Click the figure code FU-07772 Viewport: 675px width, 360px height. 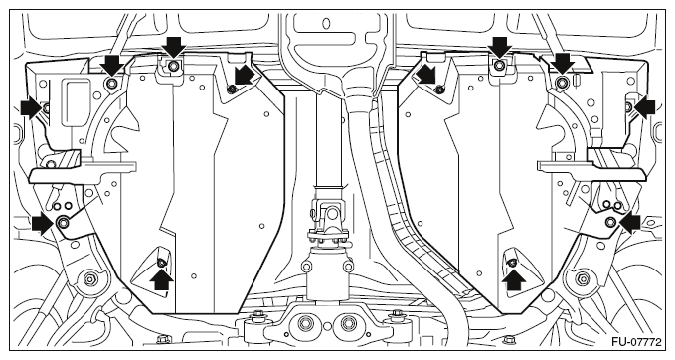[636, 342]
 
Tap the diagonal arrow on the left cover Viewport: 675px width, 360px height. [245, 76]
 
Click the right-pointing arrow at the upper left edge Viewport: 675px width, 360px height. [32, 106]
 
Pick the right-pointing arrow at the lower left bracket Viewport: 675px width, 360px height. [43, 223]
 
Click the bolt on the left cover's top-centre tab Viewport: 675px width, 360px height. [174, 66]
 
